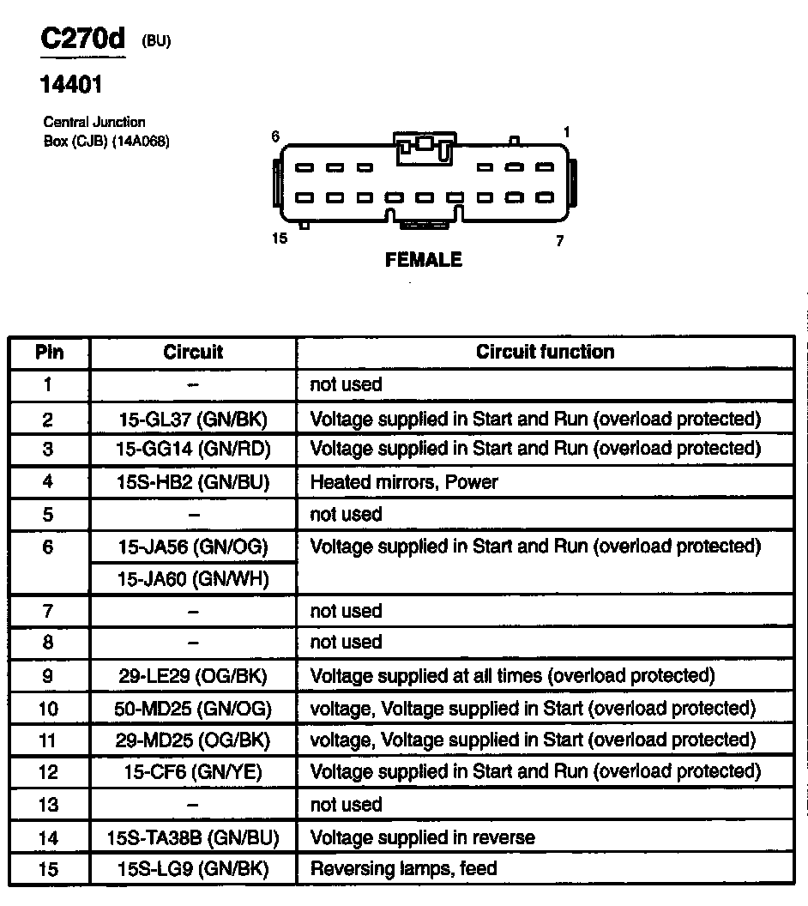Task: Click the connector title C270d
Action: point(83,39)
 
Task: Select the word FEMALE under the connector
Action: point(424,259)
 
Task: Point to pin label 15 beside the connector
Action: point(280,238)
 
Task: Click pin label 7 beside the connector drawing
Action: point(560,241)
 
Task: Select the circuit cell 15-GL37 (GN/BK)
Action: point(193,419)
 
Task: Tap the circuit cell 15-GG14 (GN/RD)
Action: point(193,448)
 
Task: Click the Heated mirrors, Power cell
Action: point(403,482)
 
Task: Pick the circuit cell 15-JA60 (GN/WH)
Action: point(193,579)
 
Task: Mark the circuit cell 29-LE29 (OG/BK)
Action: point(193,675)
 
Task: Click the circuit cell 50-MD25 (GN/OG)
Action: point(193,708)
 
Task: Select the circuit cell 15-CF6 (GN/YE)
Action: point(193,771)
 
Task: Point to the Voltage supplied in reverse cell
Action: point(422,837)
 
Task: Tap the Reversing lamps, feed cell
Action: point(403,869)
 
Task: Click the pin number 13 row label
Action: point(49,805)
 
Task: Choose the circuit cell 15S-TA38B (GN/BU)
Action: point(193,837)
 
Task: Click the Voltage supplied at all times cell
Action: point(512,675)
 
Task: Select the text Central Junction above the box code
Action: point(94,122)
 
